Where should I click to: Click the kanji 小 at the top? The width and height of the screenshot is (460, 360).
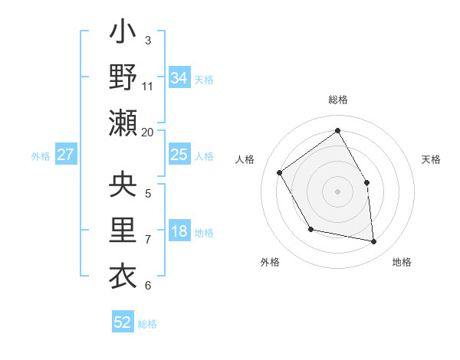pos(123,35)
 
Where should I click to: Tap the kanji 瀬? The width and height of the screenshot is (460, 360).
pos(123,122)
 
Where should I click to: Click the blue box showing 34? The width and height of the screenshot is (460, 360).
pos(179,78)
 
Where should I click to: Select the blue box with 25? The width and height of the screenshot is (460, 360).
pos(179,155)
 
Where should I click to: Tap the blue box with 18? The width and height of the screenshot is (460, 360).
pos(179,232)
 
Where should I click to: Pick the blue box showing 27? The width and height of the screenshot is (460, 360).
pos(66,155)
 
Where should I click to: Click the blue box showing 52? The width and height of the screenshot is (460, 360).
pos(123,322)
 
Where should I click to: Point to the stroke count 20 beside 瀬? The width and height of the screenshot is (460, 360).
pos(148,132)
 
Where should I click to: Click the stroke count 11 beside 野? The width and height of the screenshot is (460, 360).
pos(148,86)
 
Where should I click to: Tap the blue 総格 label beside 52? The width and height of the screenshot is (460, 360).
pos(147,324)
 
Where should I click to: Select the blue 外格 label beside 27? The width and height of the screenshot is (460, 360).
pos(41,156)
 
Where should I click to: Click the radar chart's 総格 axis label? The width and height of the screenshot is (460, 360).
pos(337,100)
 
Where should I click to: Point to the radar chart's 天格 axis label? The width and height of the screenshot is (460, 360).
pos(431,159)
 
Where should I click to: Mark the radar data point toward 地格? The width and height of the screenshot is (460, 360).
pos(374,242)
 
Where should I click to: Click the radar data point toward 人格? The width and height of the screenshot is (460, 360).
pos(280,172)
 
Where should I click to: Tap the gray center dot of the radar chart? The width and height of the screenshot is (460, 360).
pos(337,191)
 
